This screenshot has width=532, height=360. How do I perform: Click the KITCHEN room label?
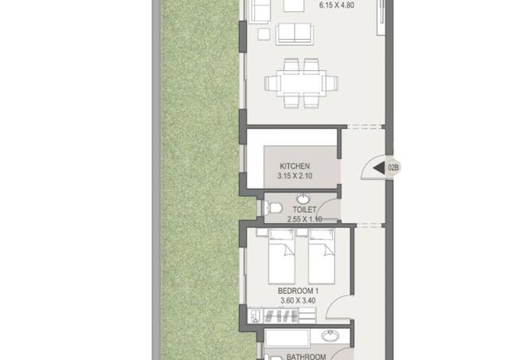tap(295, 166)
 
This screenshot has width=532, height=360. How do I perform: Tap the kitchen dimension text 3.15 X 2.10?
tap(295, 176)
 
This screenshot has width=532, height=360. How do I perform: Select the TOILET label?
tap(305, 209)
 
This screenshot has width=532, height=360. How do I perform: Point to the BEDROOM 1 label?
tap(298, 291)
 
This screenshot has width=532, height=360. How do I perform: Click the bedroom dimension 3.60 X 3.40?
tap(298, 300)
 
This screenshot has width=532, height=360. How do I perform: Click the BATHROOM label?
tap(306, 356)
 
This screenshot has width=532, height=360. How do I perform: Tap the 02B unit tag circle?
tap(393, 167)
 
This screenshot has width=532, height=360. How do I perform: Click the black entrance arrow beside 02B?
tap(378, 167)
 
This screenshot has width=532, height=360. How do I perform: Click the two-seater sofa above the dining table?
tap(295, 34)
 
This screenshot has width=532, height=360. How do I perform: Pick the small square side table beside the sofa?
tap(264, 34)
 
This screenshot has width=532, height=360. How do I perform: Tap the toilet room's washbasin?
tap(304, 198)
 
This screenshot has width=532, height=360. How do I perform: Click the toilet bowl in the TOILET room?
tap(273, 208)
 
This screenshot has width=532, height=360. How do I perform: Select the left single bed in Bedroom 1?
tap(281, 256)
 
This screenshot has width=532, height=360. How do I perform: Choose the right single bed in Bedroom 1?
tap(322, 256)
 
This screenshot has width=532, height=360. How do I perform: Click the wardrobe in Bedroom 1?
tap(282, 315)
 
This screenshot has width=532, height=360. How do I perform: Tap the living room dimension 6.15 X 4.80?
tap(337, 6)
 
